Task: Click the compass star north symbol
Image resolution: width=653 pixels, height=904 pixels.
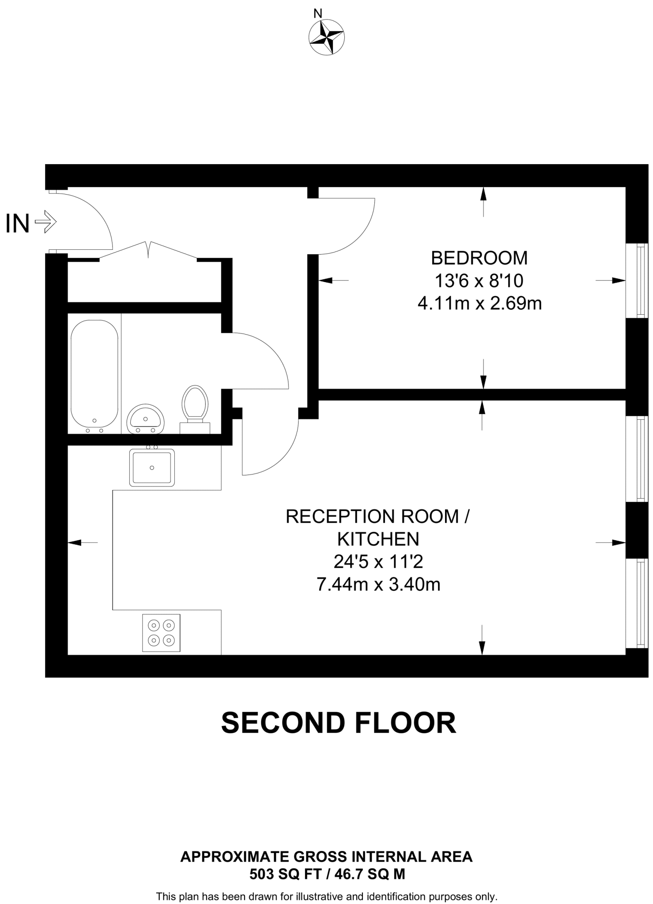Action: pyautogui.click(x=326, y=37)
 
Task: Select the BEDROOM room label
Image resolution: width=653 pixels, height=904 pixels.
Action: pyautogui.click(x=479, y=258)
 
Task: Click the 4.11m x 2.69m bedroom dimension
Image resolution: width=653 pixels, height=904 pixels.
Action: pyautogui.click(x=479, y=304)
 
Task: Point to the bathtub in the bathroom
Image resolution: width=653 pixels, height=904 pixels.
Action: pyautogui.click(x=94, y=376)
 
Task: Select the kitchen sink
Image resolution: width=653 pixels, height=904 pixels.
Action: pyautogui.click(x=152, y=467)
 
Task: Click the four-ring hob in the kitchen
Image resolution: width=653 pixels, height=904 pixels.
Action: pyautogui.click(x=161, y=633)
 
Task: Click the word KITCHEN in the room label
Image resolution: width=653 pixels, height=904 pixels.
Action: pyautogui.click(x=378, y=539)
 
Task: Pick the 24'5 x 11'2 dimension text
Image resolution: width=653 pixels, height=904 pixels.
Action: pyautogui.click(x=378, y=562)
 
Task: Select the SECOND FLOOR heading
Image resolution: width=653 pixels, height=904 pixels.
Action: pyautogui.click(x=338, y=723)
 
